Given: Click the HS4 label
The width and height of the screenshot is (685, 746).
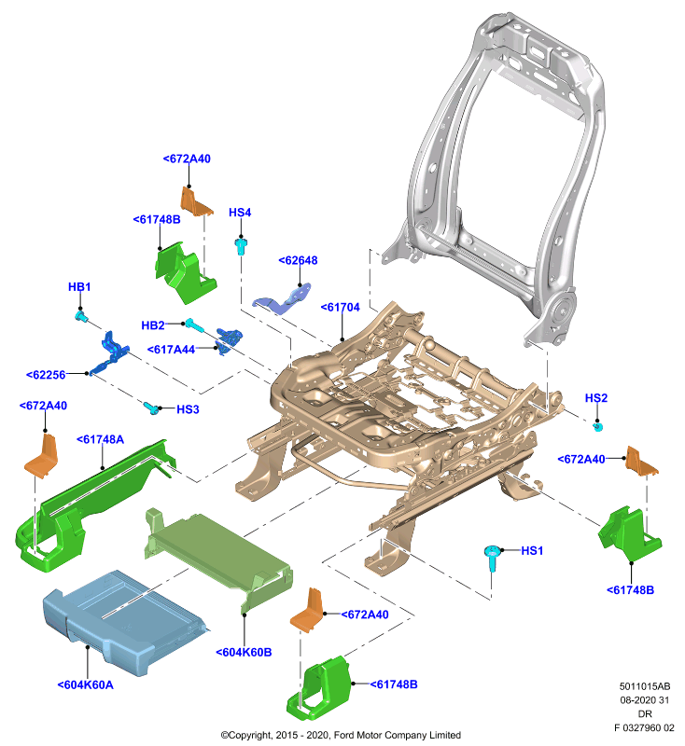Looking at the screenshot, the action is (x=240, y=213).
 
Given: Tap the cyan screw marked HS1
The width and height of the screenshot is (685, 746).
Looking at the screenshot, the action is (x=492, y=558).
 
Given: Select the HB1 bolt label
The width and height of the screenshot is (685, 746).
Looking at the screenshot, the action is (x=79, y=287).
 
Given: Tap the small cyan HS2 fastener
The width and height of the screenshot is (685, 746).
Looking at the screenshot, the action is (x=598, y=427).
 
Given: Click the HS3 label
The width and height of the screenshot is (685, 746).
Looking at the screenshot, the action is (x=188, y=409).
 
